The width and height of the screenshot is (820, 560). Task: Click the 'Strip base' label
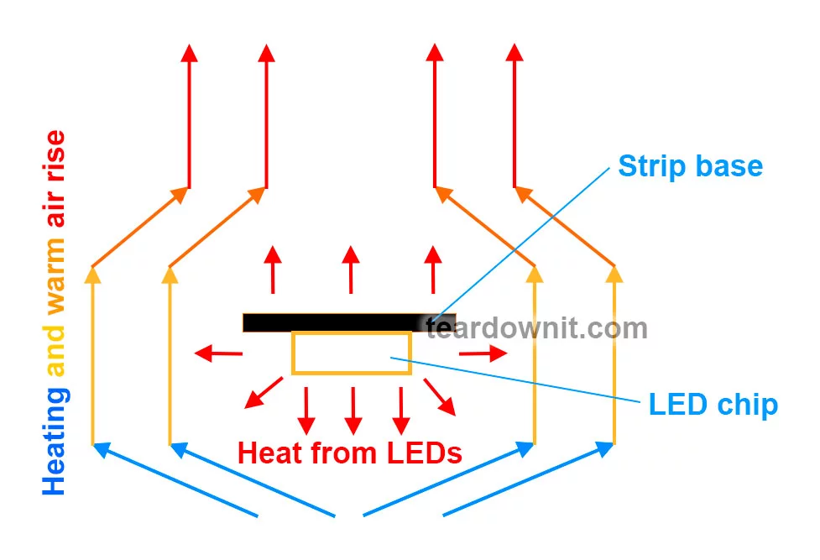point(690,165)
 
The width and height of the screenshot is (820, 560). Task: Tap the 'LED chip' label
point(713,405)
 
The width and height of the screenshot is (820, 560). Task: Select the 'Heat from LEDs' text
point(350,453)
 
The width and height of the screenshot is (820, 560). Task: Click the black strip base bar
point(336,322)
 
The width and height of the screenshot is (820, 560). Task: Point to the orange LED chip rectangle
point(351,353)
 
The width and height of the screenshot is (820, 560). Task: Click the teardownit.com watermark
point(537,327)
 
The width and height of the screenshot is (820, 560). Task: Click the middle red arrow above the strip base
point(352,269)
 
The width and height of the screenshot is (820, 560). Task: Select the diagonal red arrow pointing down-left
point(263,393)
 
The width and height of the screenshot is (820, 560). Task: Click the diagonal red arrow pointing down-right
point(439,396)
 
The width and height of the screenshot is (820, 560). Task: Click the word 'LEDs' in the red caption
point(424,453)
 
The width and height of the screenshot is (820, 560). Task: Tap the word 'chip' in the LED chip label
point(749,405)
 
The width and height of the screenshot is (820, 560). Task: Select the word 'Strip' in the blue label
point(649,165)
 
